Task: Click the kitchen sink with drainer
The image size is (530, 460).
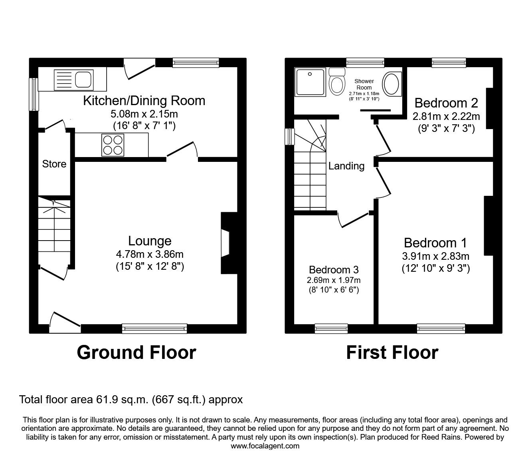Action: (74, 79)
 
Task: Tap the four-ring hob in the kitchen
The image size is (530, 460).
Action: (112, 145)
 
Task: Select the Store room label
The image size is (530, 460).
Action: (54, 164)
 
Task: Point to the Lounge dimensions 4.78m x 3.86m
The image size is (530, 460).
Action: (150, 254)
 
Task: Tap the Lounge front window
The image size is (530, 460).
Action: (154, 328)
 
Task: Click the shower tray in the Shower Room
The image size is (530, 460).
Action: (310, 82)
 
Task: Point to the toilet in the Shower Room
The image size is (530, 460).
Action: (337, 82)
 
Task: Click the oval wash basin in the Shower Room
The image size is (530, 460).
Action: (392, 84)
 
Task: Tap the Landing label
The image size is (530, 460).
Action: (346, 166)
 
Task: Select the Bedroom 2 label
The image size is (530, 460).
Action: (446, 103)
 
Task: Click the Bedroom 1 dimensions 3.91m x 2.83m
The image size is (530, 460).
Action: (435, 256)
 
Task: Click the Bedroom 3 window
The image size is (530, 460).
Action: (331, 328)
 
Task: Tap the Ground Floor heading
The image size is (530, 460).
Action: (136, 352)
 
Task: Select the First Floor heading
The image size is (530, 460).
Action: (392, 352)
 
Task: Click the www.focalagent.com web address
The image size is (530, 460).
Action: (265, 446)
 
